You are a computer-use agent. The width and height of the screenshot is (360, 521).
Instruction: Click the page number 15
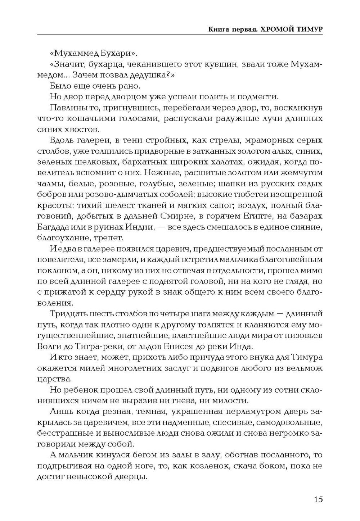(318, 499)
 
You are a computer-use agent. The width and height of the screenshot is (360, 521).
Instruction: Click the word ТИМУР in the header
(309, 29)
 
